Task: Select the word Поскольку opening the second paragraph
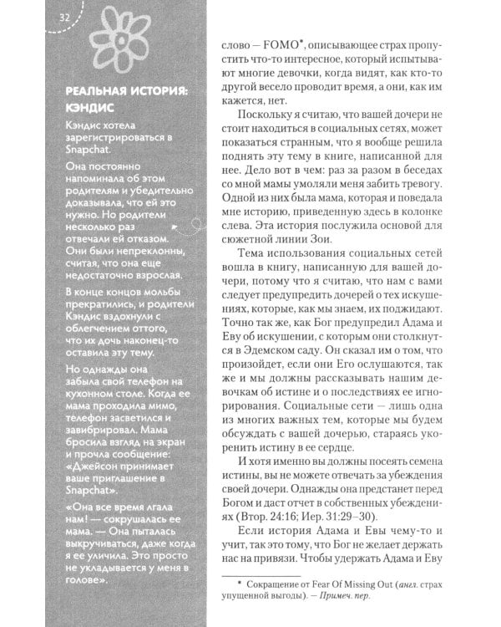[265, 113]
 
